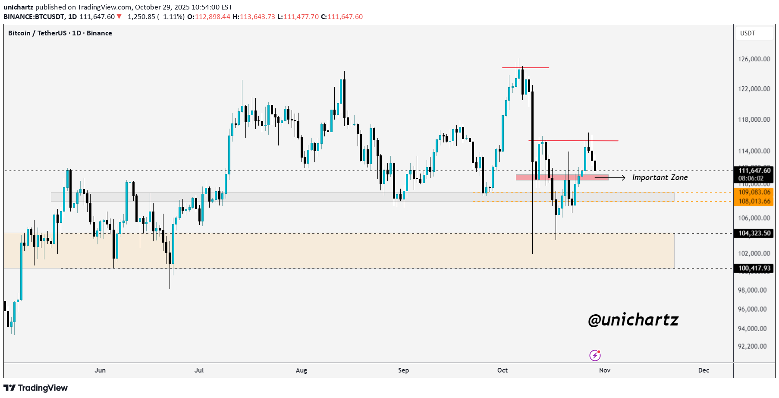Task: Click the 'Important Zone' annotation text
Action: coord(660,177)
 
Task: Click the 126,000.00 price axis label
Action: coord(754,59)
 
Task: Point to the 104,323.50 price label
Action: coord(754,233)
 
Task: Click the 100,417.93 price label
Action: coord(754,268)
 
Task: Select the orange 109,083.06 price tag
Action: coord(754,192)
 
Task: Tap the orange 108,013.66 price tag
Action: coord(754,201)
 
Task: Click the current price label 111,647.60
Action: coord(754,171)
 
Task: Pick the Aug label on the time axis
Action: coord(301,370)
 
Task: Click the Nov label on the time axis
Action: coord(604,370)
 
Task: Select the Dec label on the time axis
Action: coord(703,370)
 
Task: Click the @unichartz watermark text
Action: coord(633,320)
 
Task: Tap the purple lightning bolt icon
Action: coord(595,355)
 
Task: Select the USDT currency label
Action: coord(748,33)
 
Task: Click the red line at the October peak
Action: coord(525,68)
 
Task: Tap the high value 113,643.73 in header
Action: coord(258,17)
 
